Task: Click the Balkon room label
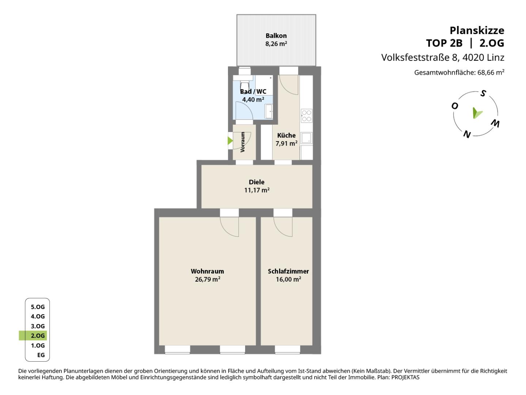[276, 36]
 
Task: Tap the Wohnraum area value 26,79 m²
[207, 279]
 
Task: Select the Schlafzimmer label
[288, 271]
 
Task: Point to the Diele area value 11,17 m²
[257, 190]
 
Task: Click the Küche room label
[286, 135]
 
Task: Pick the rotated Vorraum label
[243, 142]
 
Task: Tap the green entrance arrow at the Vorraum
[230, 141]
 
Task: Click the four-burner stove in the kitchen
[306, 116]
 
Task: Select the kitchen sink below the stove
[306, 138]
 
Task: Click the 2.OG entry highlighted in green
[38, 335]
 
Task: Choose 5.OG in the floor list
[38, 307]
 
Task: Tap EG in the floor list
[41, 355]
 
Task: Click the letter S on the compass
[483, 93]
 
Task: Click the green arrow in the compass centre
[477, 113]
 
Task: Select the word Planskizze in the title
[477, 30]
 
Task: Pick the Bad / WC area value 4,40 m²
[253, 99]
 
